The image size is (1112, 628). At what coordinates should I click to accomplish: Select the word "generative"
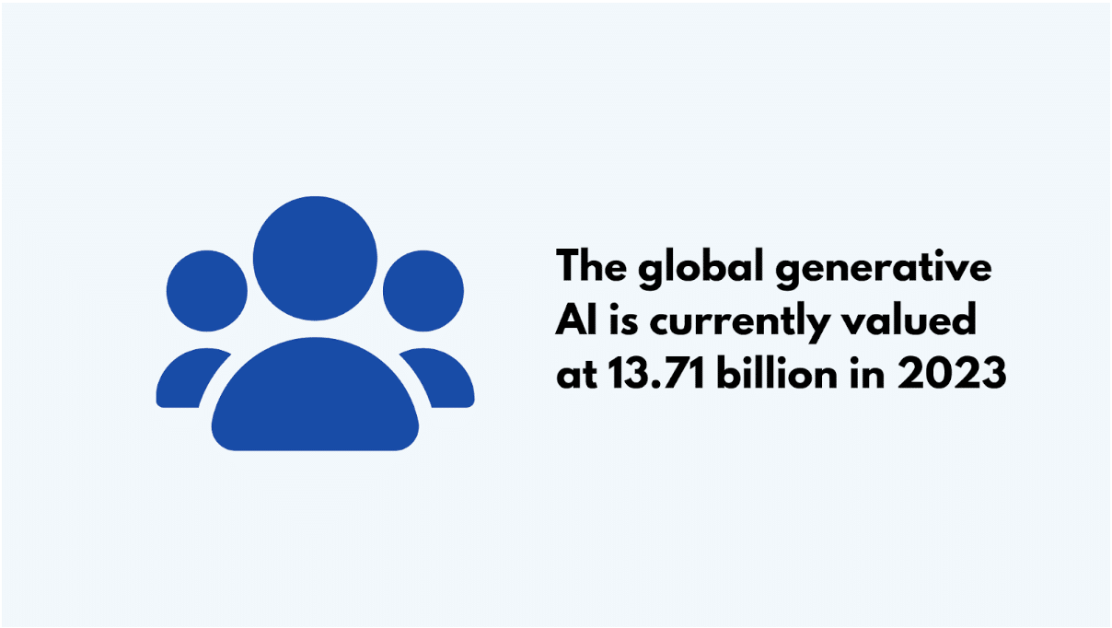(884, 269)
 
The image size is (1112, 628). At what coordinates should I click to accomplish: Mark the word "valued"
(909, 319)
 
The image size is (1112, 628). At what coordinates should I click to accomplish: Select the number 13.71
(656, 372)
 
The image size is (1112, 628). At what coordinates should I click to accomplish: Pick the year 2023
(952, 372)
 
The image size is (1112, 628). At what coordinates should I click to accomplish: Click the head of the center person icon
(315, 258)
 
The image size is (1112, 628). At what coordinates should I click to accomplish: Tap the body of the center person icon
(315, 394)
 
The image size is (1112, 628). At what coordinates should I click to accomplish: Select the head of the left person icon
(206, 291)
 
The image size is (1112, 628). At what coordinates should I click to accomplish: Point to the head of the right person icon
(423, 291)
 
